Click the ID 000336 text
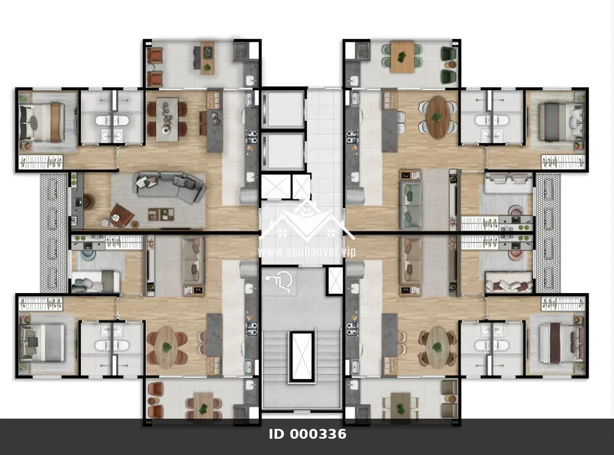click(x=308, y=434)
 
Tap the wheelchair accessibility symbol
click(x=279, y=282)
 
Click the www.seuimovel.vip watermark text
click(x=307, y=251)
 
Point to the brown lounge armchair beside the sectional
click(x=122, y=215)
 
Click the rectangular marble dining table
click(x=167, y=119)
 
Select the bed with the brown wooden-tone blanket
click(x=42, y=122)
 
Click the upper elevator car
click(x=283, y=109)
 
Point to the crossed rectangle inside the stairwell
click(x=302, y=357)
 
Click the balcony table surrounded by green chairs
click(x=402, y=57)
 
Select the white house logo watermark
click(x=307, y=222)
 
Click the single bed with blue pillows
click(x=95, y=281)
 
